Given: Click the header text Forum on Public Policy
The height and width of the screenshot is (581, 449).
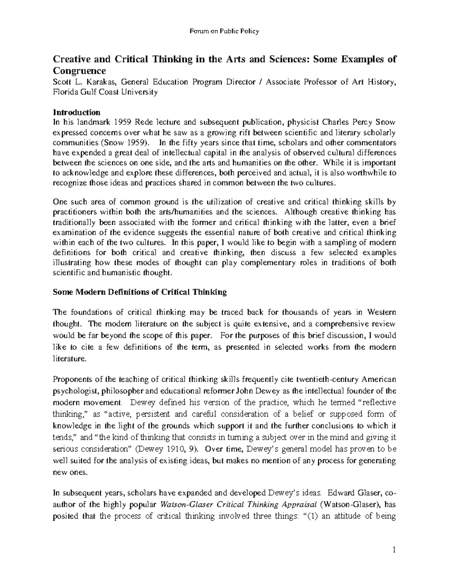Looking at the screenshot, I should click(x=224, y=31).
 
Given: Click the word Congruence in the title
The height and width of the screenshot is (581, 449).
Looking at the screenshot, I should click(x=79, y=71).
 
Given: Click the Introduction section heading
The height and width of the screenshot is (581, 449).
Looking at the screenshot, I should click(x=76, y=112).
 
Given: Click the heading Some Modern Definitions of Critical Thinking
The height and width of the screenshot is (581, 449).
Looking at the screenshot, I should click(x=140, y=292).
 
